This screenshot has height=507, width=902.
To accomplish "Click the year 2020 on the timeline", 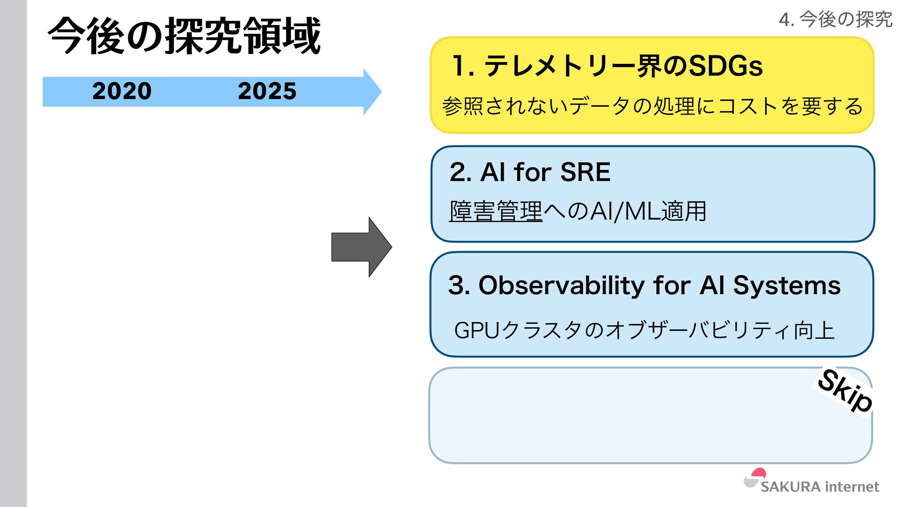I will coord(122,91).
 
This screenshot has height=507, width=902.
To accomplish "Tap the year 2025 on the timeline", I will coord(267,91).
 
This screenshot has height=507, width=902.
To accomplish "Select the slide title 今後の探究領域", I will coord(184,36).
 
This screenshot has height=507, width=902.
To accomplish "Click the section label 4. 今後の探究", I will coord(835,19).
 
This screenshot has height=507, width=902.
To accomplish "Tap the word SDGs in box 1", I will coord(725,66).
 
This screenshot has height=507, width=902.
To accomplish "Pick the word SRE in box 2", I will coord(585,172).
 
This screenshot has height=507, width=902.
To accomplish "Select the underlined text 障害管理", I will coord(496,211).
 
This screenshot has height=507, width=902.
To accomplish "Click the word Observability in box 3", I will coord(561,285).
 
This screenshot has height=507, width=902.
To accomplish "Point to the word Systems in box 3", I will coord(787,285).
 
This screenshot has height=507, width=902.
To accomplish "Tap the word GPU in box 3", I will coord(476,330).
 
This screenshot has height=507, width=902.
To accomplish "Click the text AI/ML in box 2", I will coord(624,211).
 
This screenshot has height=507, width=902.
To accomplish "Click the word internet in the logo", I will coord(852,487).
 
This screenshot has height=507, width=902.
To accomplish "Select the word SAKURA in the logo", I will coord(790,487).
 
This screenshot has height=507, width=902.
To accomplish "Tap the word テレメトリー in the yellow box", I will coord(559,66).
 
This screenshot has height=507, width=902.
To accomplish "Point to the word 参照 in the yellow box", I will coord(463,106).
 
